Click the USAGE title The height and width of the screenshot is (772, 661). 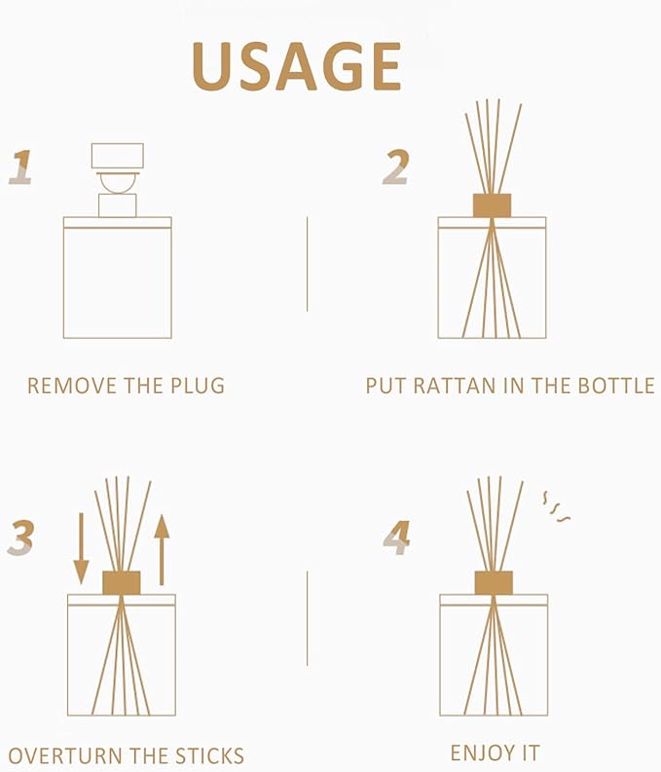point(297,66)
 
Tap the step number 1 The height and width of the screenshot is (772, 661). point(20,166)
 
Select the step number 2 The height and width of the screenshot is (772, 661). point(395,166)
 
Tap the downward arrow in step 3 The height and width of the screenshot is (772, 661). point(82,548)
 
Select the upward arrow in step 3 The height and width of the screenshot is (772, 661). point(162,548)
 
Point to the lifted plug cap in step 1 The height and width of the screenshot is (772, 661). point(117,156)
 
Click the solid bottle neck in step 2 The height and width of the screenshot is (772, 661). point(492,205)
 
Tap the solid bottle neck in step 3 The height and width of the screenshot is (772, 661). point(122,582)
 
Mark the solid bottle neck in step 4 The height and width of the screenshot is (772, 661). point(494,582)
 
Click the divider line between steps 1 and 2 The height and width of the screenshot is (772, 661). point(307,264)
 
